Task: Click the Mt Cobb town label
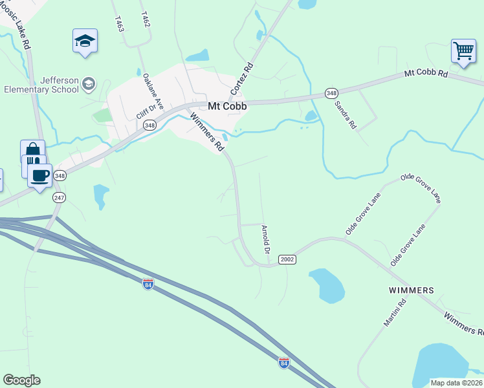pos(227,106)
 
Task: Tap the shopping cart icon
pos(463,50)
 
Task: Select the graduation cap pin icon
pos(85,41)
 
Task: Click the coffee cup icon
pos(40,175)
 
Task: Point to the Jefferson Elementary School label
pos(41,85)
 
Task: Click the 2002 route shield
pos(287,259)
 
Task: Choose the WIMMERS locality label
pos(411,290)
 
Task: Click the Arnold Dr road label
pos(265,239)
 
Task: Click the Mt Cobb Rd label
pos(426,74)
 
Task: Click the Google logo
pos(21,380)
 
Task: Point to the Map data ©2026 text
pos(457,383)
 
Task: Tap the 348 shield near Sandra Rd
pos(331,94)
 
